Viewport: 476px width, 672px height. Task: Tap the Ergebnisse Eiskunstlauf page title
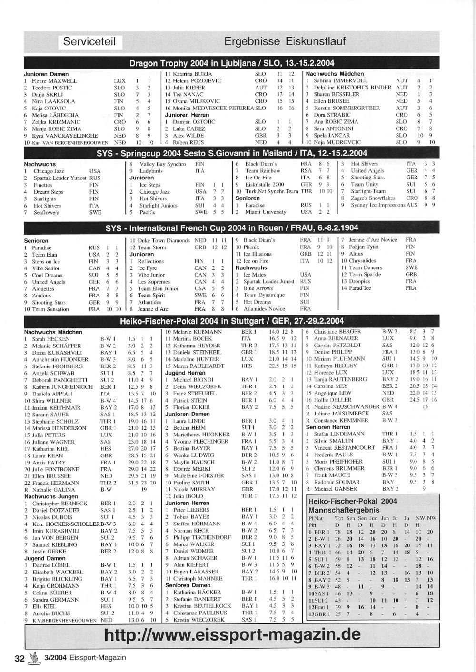pos(285,41)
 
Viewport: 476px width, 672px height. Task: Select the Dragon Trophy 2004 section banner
pos(232,63)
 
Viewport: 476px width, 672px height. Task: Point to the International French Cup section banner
pos(232,228)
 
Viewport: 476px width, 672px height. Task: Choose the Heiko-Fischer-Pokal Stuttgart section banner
pos(232,321)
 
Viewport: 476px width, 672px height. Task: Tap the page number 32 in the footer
pos(20,658)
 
